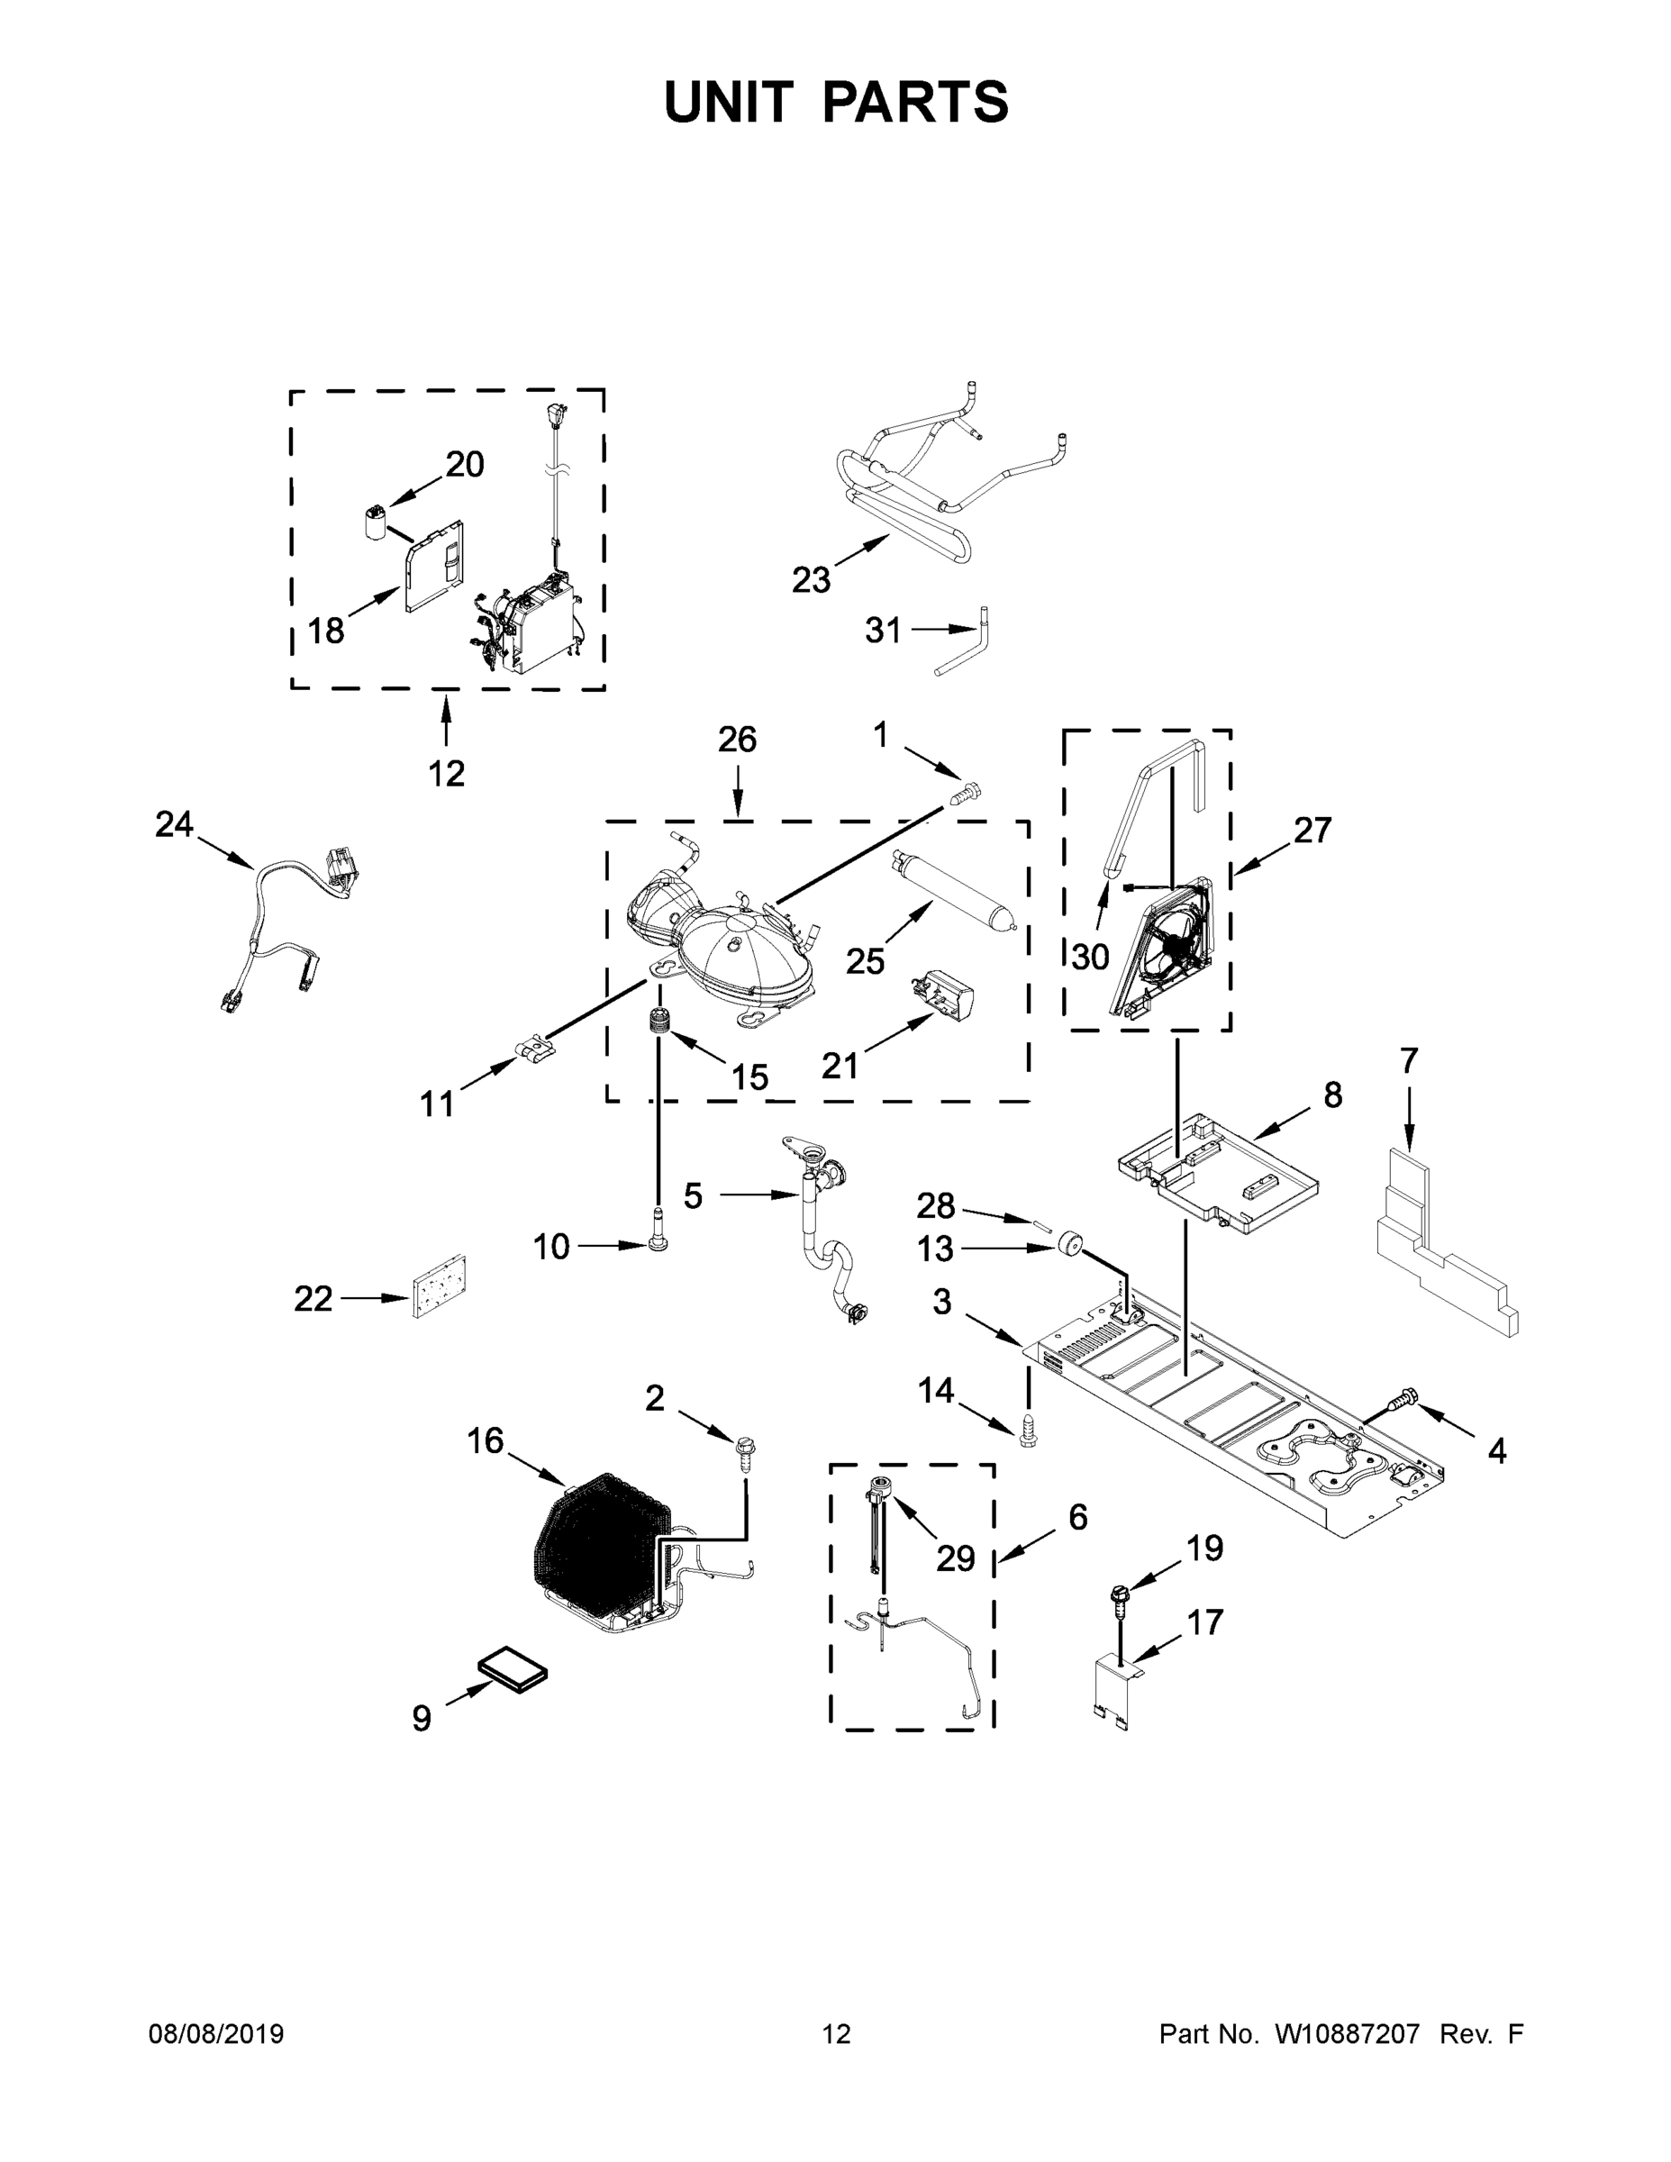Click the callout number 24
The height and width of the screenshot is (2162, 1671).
coord(174,823)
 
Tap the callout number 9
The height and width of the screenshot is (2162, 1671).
coord(422,1719)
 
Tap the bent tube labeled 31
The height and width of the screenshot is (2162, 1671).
coord(970,645)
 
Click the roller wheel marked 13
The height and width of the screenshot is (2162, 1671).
coord(1069,1244)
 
